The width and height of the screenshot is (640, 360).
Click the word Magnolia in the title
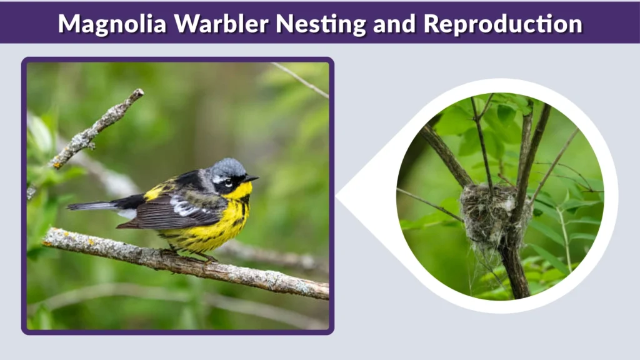(112, 23)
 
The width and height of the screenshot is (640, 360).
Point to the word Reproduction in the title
(502, 23)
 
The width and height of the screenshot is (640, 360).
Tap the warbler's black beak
(250, 179)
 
